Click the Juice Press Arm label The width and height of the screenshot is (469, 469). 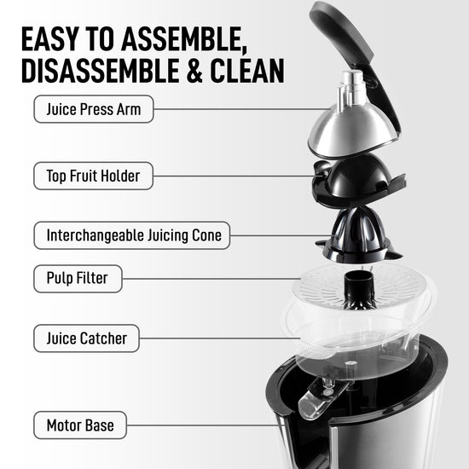[94, 109]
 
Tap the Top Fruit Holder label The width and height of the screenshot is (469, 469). [93, 176]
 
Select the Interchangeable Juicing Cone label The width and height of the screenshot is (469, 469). [132, 235]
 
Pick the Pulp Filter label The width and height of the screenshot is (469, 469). [78, 279]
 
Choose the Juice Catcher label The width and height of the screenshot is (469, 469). [86, 339]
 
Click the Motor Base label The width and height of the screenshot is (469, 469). [80, 425]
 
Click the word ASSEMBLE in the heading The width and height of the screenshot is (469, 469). [184, 39]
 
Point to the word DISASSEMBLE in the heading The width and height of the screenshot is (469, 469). [101, 71]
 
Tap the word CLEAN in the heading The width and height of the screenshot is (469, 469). [247, 71]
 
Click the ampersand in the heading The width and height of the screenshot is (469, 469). [194, 71]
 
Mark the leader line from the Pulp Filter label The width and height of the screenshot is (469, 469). [211, 279]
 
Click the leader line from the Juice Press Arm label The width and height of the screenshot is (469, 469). [242, 109]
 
